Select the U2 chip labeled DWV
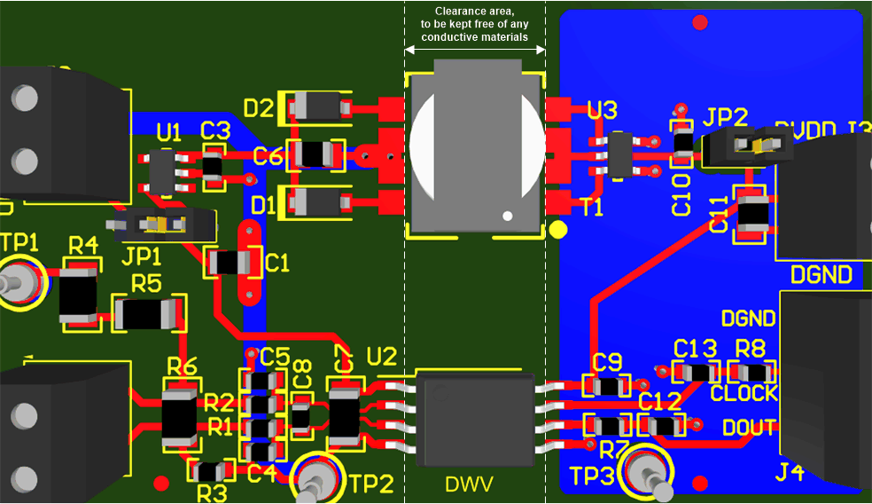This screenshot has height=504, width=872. click(476, 416)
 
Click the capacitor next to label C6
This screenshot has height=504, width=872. click(316, 154)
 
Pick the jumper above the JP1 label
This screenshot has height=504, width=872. click(162, 224)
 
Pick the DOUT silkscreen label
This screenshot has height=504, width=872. click(749, 427)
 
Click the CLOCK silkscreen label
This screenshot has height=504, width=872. click(744, 393)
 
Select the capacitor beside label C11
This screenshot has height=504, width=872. click(753, 214)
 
